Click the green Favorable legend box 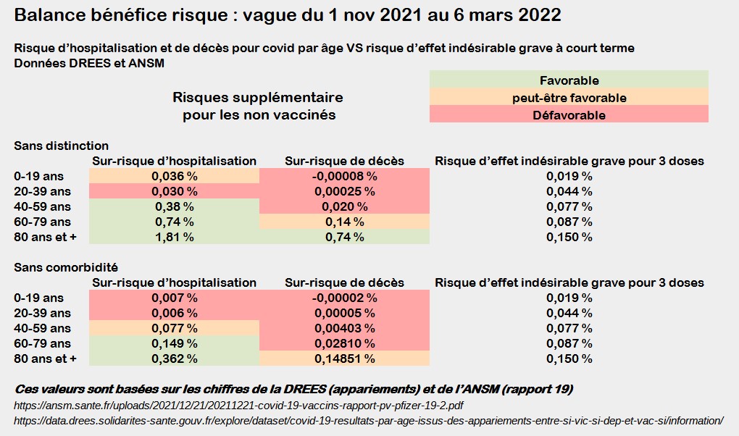coord(569,80)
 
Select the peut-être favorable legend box coord(569,98)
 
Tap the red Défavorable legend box coord(569,114)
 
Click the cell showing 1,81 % coord(174,237)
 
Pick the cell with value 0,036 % coord(174,176)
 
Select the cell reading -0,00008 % coord(344,176)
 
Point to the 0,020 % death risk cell coord(344,206)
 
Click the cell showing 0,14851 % coord(344,359)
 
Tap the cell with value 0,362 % coord(174,359)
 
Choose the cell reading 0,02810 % coord(344,343)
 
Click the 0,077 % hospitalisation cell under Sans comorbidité coord(174,328)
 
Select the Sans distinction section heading coord(62,146)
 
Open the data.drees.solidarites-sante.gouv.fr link coord(368,420)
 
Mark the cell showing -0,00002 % coord(344,298)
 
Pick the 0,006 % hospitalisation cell coord(174,313)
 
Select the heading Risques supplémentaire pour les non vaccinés coord(258,106)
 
